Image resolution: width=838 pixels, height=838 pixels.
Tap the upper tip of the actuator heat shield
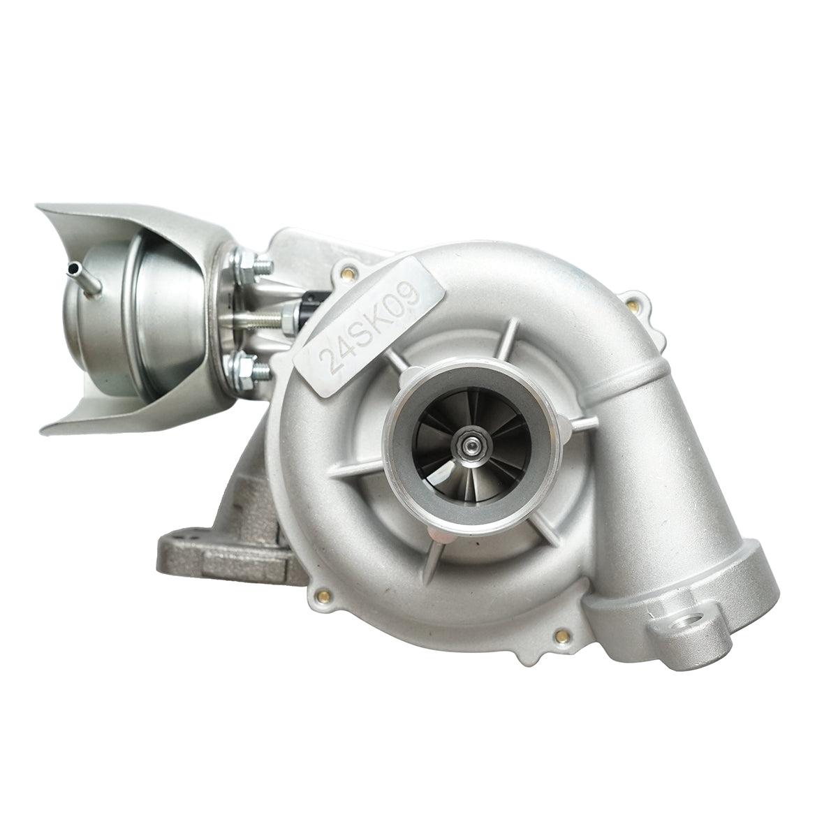click(42, 209)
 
